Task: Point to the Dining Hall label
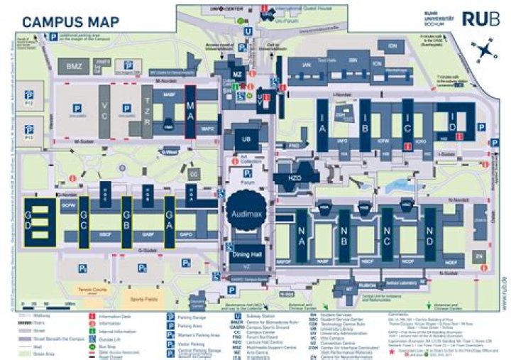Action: coord(246,255)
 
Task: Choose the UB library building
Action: coord(246,140)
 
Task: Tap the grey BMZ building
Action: coord(73,66)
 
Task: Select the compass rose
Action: coord(485,51)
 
